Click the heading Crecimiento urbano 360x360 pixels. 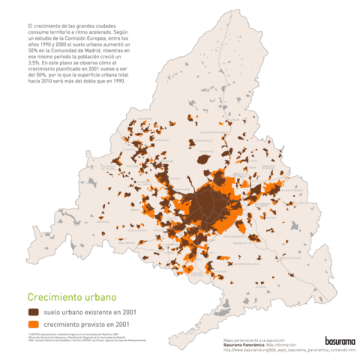point(68,297)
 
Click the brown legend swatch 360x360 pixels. point(34,311)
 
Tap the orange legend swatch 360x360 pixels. point(34,324)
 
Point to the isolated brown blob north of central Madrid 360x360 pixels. point(202,158)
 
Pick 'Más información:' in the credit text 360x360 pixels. point(289,344)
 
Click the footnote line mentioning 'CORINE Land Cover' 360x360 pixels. point(82,341)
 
